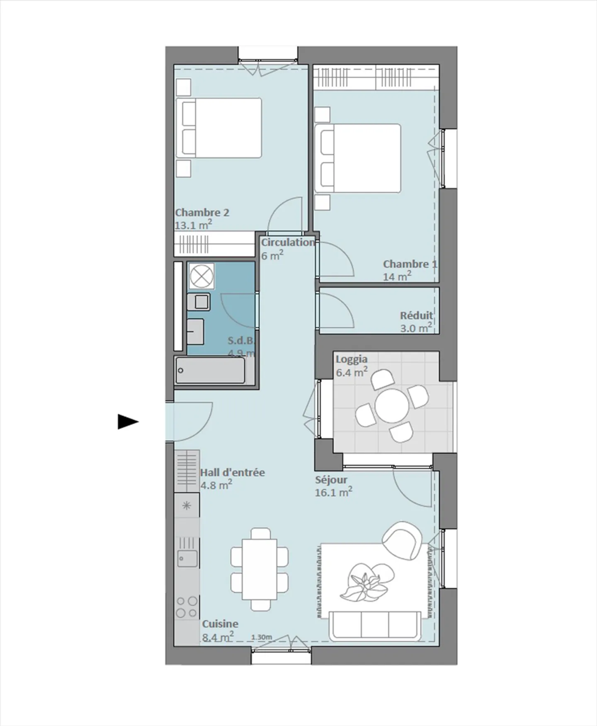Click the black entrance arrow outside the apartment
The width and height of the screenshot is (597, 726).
coord(128,422)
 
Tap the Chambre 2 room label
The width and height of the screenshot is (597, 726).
coord(202,213)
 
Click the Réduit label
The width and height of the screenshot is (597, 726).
coord(416,316)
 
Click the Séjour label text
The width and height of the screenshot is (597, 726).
coord(331,480)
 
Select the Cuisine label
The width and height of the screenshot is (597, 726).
coord(220,624)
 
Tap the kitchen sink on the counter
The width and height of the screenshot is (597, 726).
coord(187,558)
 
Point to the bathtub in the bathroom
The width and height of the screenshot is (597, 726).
coord(210,370)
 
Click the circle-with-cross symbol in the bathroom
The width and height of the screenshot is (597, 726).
coord(201,276)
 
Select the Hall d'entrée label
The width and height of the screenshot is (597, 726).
coord(232,473)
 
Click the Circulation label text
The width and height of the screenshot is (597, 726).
coord(288,243)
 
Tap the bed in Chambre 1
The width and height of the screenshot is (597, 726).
coord(358,158)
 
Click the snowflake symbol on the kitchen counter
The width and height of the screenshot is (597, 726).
coord(187,505)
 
